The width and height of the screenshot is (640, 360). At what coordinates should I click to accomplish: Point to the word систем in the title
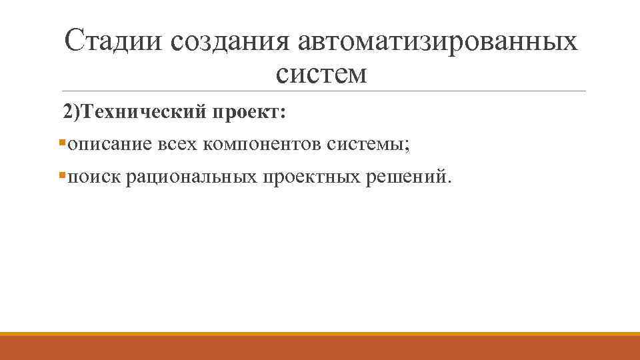[x=320, y=73]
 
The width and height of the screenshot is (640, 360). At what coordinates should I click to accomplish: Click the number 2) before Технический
[x=71, y=112]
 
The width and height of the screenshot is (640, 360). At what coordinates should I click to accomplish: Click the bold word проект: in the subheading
[x=249, y=112]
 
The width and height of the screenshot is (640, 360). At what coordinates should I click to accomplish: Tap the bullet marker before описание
[x=61, y=143]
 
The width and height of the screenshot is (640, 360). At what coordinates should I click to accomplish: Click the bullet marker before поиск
[x=61, y=176]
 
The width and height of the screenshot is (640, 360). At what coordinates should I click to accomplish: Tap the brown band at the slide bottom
[x=320, y=349]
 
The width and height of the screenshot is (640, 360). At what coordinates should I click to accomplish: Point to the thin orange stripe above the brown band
[x=320, y=334]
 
